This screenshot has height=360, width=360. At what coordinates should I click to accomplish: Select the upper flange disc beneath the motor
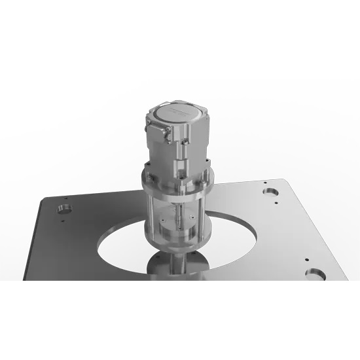click(177, 178)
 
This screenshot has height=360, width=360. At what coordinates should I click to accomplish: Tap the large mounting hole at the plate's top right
click(270, 192)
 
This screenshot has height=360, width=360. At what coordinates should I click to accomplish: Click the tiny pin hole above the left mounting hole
click(65, 197)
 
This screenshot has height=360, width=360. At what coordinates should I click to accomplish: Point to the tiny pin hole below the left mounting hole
click(62, 221)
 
